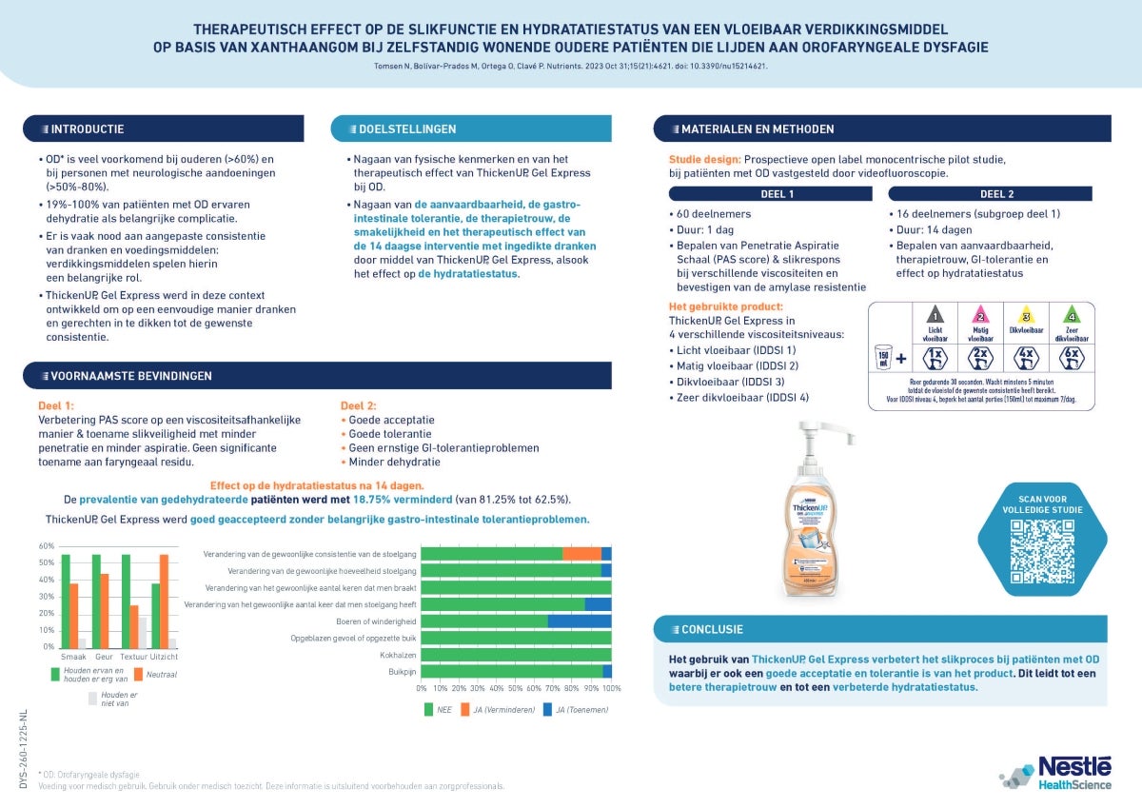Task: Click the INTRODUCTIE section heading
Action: (88, 128)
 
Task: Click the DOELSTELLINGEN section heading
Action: (406, 128)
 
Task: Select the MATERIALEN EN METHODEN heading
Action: (758, 128)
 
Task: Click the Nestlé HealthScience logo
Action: (1056, 772)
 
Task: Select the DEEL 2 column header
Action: (996, 193)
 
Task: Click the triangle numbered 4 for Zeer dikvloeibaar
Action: (1072, 317)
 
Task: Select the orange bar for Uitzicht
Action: (164, 601)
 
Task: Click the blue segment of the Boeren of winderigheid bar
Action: (580, 621)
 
